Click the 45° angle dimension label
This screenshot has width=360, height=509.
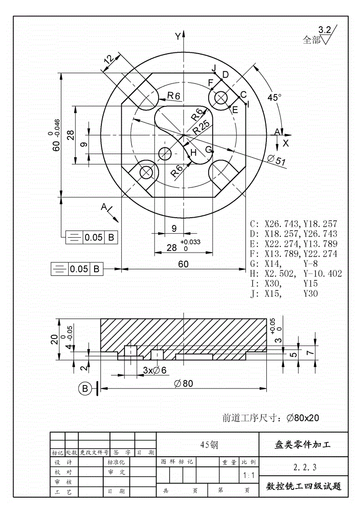click(x=274, y=97)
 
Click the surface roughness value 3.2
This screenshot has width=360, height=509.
click(x=325, y=30)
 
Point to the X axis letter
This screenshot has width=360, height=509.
click(x=285, y=143)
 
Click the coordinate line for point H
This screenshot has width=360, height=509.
click(x=296, y=274)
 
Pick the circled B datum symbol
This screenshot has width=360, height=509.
click(x=85, y=389)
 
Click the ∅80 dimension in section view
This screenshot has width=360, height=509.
click(x=183, y=383)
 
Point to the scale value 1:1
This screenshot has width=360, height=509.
click(x=249, y=476)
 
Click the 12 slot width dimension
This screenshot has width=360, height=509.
click(x=108, y=59)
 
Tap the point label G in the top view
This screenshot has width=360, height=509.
click(x=208, y=150)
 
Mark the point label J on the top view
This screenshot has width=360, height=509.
click(x=214, y=68)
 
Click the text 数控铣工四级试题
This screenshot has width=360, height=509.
click(x=304, y=487)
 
